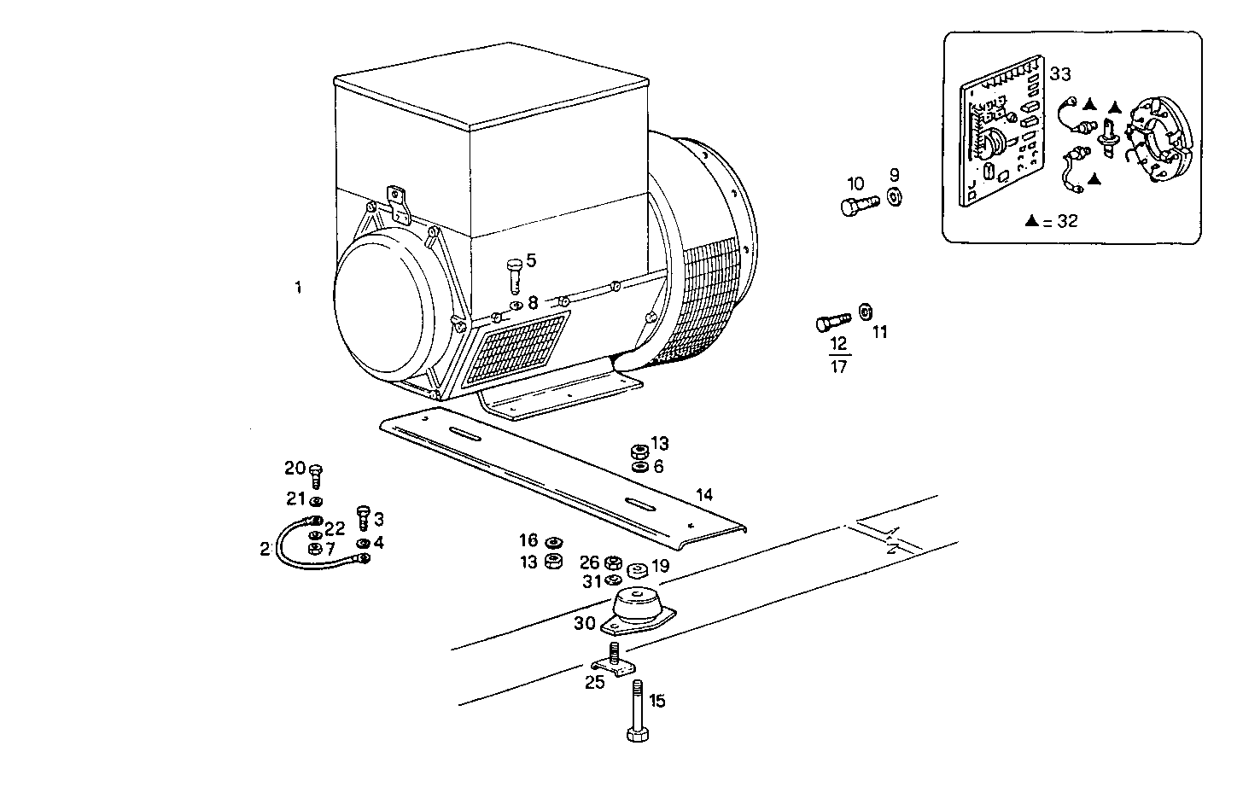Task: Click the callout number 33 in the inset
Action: click(x=1059, y=74)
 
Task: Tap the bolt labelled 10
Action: click(x=858, y=206)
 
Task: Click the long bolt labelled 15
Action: click(x=636, y=714)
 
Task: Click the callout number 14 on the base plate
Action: click(x=704, y=495)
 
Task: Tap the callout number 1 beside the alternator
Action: click(x=298, y=288)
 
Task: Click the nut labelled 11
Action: click(x=864, y=312)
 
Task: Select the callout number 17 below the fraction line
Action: click(x=838, y=367)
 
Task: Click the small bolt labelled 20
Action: click(x=315, y=475)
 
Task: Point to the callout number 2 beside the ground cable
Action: click(x=265, y=549)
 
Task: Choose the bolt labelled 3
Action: click(x=362, y=516)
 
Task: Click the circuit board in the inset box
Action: click(x=1004, y=141)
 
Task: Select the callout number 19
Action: click(x=660, y=565)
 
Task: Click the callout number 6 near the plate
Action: click(x=658, y=466)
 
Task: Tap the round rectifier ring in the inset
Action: click(x=1157, y=143)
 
